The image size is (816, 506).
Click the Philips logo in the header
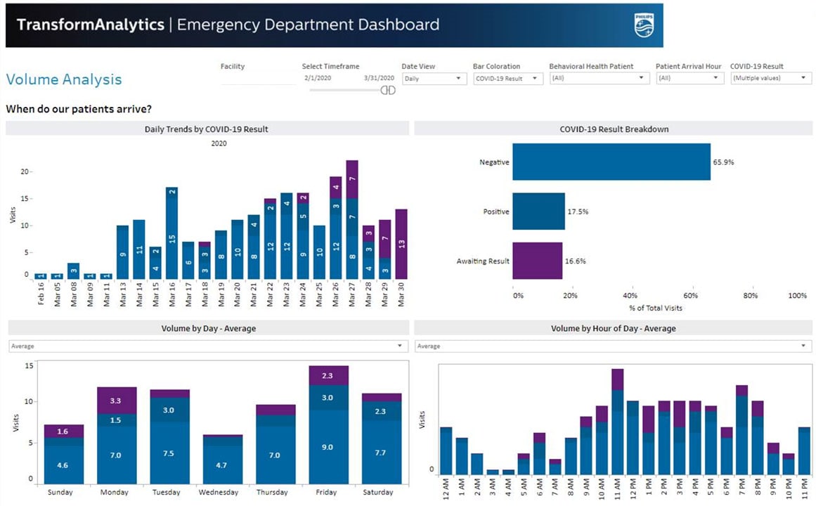[x=642, y=25]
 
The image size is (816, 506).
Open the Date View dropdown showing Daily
[x=434, y=79]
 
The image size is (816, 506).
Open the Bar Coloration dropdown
[x=507, y=79]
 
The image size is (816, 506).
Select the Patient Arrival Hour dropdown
[x=689, y=79]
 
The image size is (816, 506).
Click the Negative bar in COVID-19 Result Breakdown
[x=611, y=162]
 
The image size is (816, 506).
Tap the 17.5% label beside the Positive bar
[x=578, y=212]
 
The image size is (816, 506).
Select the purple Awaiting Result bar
[x=538, y=261]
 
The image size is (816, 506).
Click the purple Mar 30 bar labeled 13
[x=401, y=244]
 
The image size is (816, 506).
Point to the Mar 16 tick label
[x=171, y=294]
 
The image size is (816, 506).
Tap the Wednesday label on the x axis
[x=222, y=492]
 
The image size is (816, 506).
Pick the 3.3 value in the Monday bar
[x=116, y=401]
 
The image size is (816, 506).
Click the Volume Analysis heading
[x=64, y=80]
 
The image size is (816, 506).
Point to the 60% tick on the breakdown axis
[x=691, y=296]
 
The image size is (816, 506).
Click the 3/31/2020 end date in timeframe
[x=379, y=78]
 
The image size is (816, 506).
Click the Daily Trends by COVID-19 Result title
[x=206, y=129]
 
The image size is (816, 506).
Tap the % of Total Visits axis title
[x=655, y=308]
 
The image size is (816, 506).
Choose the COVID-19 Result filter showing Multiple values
[x=770, y=79]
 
